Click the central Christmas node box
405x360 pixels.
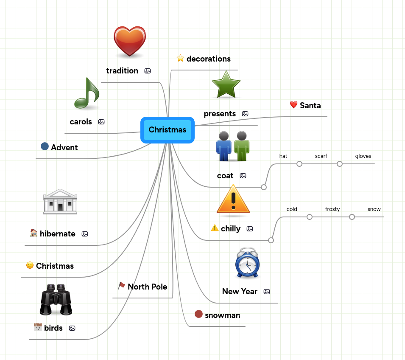point(168,130)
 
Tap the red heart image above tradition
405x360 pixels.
point(130,41)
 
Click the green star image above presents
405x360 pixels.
point(226,84)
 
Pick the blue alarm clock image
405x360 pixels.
point(248,263)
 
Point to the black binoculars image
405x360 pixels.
point(56,300)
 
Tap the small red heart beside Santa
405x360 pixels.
point(293,105)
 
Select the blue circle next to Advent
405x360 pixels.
point(45,146)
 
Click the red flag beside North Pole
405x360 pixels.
point(122,285)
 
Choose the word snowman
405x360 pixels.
point(222,315)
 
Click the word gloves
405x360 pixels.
point(363,156)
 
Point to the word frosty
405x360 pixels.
point(332,209)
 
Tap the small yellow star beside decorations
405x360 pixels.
point(180,58)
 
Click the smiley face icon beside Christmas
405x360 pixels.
point(30,265)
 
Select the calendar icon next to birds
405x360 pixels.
point(38,327)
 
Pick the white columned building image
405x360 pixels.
point(60,202)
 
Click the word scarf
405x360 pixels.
point(321,156)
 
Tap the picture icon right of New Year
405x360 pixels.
point(267,292)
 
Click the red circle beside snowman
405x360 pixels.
point(198,314)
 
